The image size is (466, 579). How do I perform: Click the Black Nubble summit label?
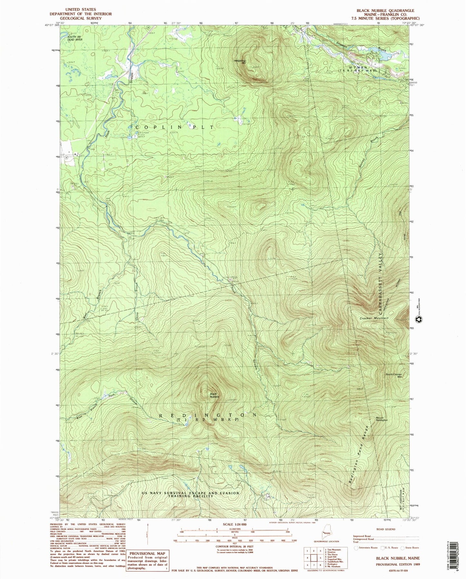click(x=214, y=395)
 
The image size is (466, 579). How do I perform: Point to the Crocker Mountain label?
click(x=374, y=318)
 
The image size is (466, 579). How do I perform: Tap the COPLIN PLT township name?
click(x=174, y=127)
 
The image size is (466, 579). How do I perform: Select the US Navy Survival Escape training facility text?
click(x=190, y=495)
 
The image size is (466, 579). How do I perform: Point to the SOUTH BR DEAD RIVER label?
click(x=75, y=38)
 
